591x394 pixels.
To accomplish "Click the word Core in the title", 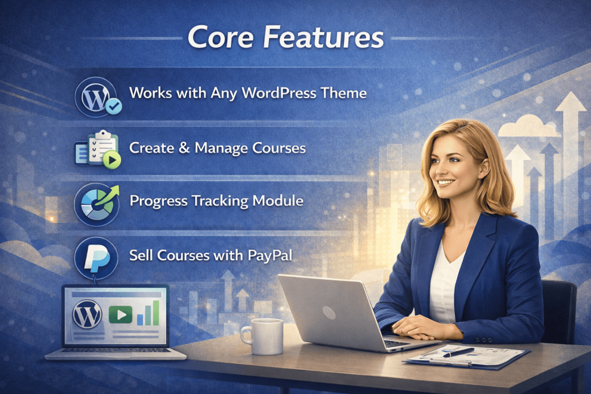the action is tap(220, 37).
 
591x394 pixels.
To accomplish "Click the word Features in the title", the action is tap(323, 37).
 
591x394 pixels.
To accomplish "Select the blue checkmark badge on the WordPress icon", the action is tap(114, 106).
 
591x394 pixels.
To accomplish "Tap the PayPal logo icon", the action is tap(96, 258).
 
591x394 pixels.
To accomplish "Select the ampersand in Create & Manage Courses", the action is tap(184, 148).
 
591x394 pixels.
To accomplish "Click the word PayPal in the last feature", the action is tap(270, 256).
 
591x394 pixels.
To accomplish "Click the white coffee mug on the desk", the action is tap(263, 336).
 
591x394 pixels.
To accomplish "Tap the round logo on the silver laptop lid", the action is tap(328, 312).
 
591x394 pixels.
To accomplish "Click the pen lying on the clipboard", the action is tap(458, 352).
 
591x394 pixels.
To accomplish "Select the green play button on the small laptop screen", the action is tap(120, 314).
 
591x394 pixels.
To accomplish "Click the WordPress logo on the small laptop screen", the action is tap(87, 314).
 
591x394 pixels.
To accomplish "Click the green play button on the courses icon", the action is tap(112, 160).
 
